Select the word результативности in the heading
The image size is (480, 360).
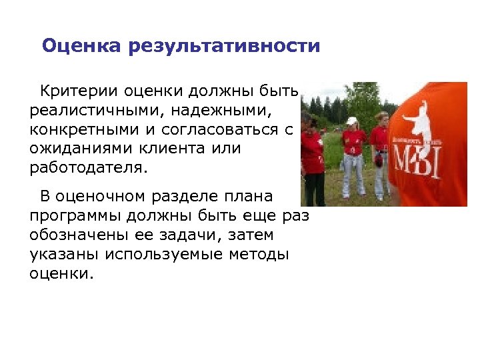tap(225, 47)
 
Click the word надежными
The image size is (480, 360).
tap(225, 109)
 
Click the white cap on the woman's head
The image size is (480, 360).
tap(351, 121)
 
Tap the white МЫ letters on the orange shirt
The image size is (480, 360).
tap(417, 162)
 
